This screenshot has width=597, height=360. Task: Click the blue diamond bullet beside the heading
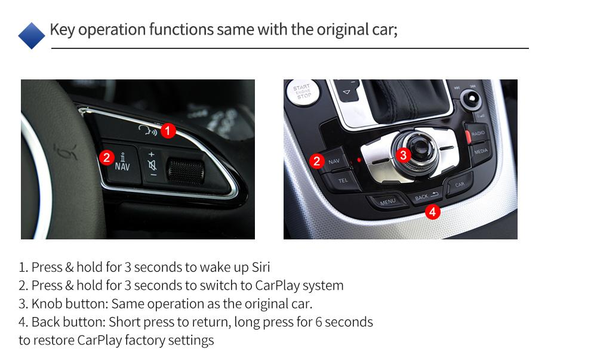[x=32, y=35]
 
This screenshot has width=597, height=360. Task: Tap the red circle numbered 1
[x=168, y=131]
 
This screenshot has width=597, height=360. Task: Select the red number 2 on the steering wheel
[x=107, y=157]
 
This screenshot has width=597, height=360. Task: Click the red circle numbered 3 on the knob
[x=403, y=155]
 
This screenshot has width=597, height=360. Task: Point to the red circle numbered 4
[x=432, y=211]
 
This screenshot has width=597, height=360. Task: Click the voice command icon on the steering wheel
[x=147, y=131]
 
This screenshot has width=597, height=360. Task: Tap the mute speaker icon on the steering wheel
[x=152, y=165]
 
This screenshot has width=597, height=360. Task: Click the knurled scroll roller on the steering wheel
[x=186, y=171]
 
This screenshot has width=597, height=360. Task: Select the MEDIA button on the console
[x=481, y=152]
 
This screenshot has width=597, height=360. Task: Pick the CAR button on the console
[x=460, y=184]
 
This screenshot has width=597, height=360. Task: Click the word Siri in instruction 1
[x=261, y=267]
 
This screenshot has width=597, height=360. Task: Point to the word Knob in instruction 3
[x=47, y=304]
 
